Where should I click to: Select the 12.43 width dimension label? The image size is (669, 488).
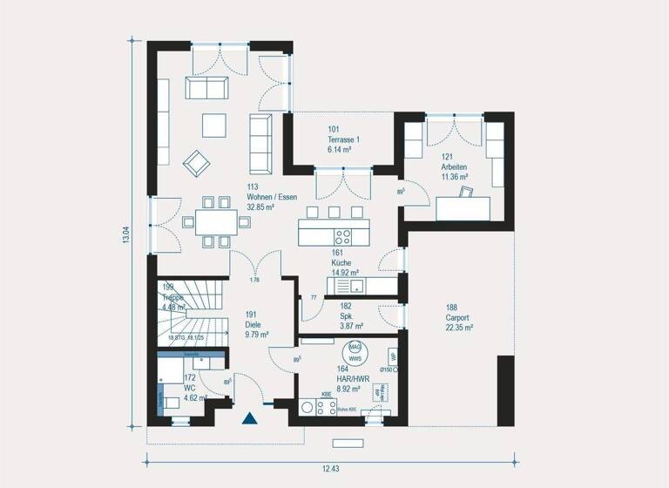pyautogui.click(x=330, y=469)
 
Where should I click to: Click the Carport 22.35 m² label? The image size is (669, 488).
pyautogui.click(x=459, y=317)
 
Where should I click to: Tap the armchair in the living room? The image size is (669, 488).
pyautogui.click(x=196, y=161)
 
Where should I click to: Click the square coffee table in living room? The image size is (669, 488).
pyautogui.click(x=214, y=125)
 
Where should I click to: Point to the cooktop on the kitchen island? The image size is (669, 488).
pyautogui.click(x=342, y=234)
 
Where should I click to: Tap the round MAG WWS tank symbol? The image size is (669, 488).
pyautogui.click(x=355, y=351)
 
